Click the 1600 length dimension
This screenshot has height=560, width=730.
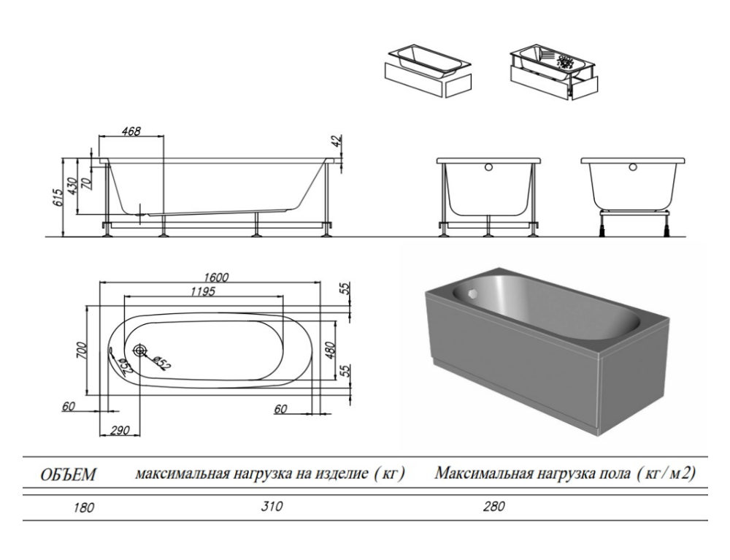(x=217, y=277)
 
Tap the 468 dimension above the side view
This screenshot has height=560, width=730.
(x=131, y=131)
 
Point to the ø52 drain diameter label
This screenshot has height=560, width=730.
(x=161, y=361)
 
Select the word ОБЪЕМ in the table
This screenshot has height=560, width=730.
(x=67, y=476)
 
